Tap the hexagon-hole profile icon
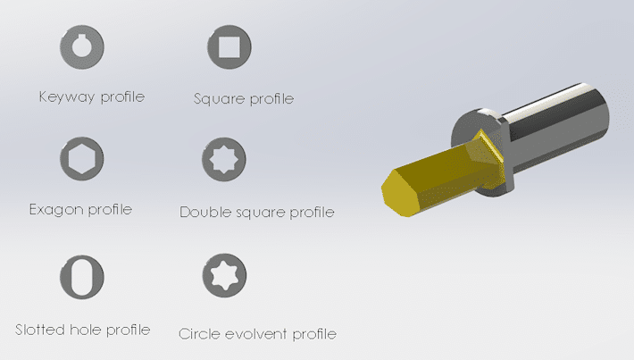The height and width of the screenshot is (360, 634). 81,159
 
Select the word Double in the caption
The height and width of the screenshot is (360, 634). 204,212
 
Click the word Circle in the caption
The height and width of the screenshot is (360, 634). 197,334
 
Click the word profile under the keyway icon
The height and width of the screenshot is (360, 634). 121,96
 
